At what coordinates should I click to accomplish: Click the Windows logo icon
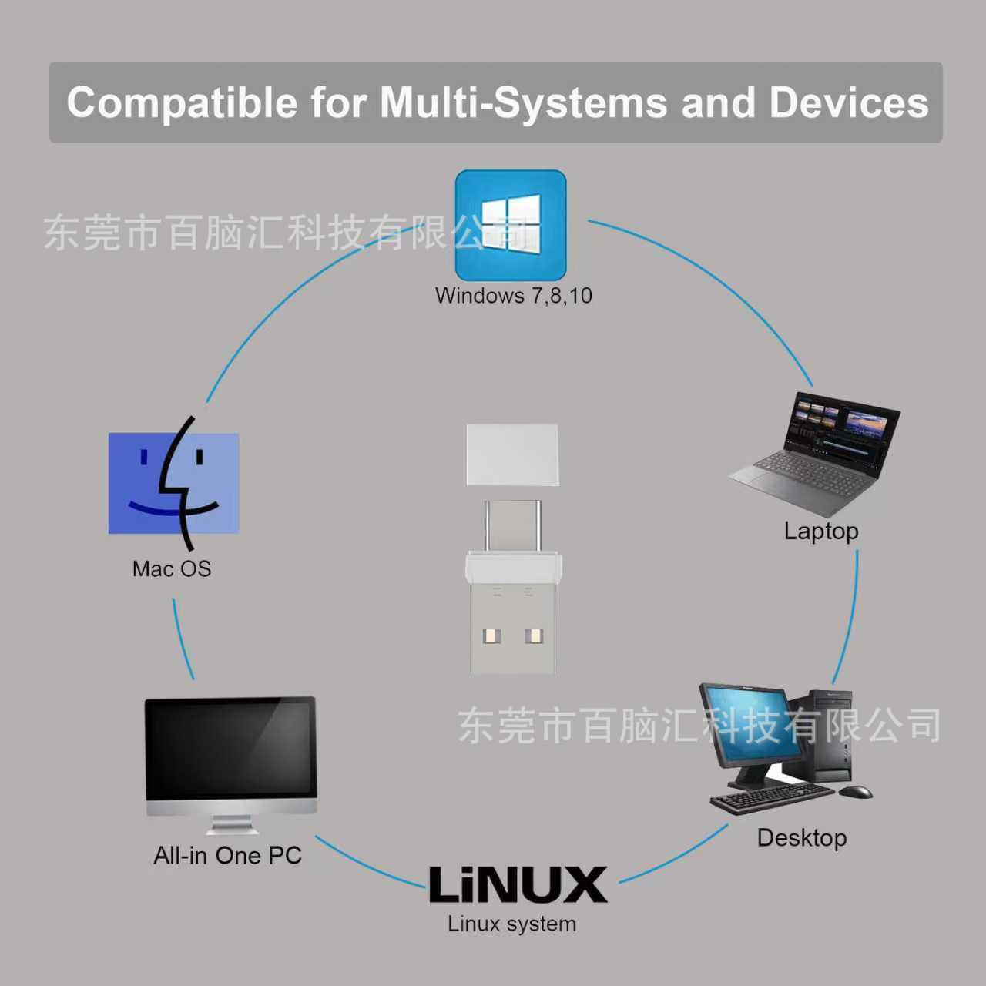511,225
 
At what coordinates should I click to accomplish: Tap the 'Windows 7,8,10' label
513,296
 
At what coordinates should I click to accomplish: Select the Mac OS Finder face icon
174,483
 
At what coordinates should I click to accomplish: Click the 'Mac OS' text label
171,569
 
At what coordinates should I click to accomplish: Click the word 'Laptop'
820,532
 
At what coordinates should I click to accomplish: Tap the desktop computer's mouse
856,791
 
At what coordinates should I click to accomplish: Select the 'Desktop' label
801,838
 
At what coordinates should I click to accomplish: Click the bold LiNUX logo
518,884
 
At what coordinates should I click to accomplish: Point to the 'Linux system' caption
511,924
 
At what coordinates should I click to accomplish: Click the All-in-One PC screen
230,751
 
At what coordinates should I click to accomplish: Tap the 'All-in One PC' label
227,856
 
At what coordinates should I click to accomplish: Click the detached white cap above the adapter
512,454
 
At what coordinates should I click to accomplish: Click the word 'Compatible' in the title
182,102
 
